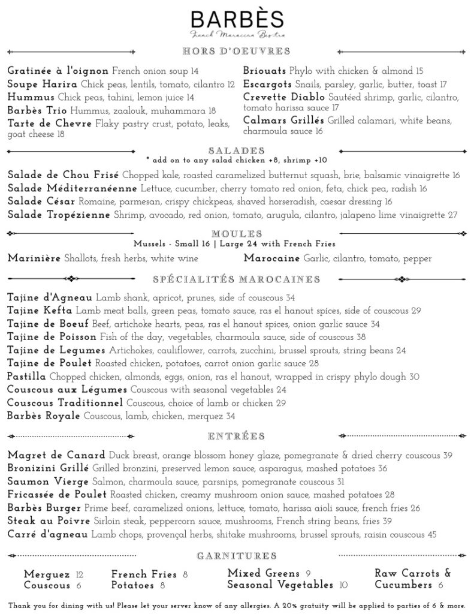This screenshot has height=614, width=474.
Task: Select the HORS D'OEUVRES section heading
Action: pyautogui.click(x=237, y=51)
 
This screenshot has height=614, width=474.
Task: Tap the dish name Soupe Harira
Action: pyautogui.click(x=42, y=85)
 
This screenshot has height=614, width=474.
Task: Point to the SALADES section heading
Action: pyautogui.click(x=237, y=151)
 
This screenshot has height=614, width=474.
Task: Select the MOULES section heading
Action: pyautogui.click(x=237, y=233)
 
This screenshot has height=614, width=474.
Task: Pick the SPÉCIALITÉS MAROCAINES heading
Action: pyautogui.click(x=237, y=279)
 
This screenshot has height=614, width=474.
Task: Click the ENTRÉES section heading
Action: pyautogui.click(x=237, y=436)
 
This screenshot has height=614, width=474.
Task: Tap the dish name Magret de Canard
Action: pyautogui.click(x=56, y=455)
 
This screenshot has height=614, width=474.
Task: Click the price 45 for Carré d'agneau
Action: pyautogui.click(x=432, y=534)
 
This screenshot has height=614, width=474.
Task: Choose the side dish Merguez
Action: pyautogui.click(x=47, y=574)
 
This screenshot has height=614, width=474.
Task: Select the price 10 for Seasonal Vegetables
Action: pyautogui.click(x=343, y=585)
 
